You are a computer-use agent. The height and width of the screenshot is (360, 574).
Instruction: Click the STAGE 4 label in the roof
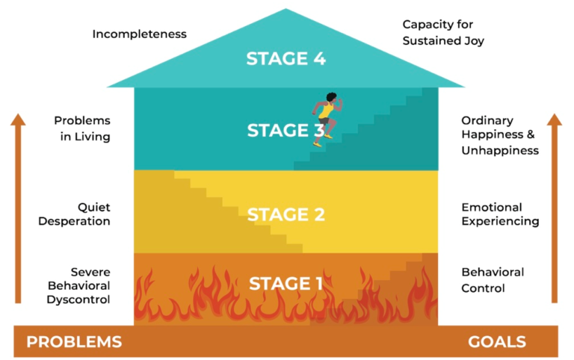point(286,59)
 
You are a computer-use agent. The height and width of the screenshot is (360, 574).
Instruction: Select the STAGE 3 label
point(286,131)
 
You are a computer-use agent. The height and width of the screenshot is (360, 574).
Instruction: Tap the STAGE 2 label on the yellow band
point(286,215)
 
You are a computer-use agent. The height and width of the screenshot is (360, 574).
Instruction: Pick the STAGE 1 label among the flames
point(286,284)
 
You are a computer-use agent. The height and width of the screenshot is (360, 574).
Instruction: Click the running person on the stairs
point(327,119)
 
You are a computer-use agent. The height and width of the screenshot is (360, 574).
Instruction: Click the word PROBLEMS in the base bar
point(74,342)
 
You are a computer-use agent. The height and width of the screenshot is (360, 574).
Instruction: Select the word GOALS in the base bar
point(497,342)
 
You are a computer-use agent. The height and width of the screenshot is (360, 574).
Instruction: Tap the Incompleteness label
point(139,34)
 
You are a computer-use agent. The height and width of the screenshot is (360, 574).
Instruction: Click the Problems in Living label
point(82,128)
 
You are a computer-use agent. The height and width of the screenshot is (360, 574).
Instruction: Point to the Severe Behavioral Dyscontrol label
point(79,285)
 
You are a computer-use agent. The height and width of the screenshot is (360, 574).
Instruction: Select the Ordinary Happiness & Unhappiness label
point(499,135)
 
